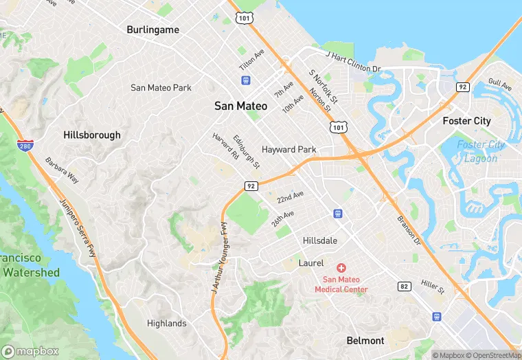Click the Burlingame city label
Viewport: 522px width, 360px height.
(x=152, y=30)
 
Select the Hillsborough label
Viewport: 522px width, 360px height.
(x=91, y=135)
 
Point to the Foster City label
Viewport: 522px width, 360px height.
(x=466, y=121)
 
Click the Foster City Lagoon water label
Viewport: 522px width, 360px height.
(x=481, y=151)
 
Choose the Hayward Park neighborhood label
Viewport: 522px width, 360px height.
(x=288, y=149)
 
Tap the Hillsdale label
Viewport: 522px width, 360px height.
(x=320, y=240)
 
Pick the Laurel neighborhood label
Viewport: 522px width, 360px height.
(x=311, y=263)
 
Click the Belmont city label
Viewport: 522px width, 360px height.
(x=365, y=341)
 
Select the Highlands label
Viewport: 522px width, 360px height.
(x=166, y=323)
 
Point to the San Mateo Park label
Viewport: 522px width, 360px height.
(x=161, y=87)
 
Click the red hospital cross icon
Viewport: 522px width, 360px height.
(x=341, y=267)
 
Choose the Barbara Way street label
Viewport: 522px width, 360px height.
(x=62, y=171)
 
